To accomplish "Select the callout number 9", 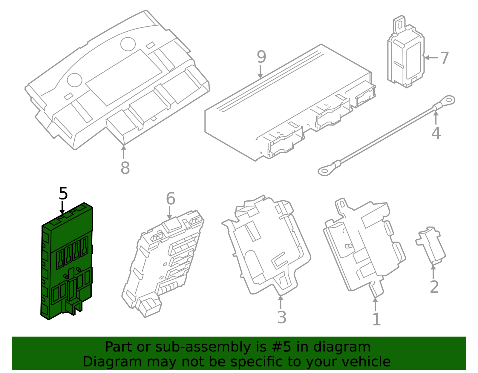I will [261, 57].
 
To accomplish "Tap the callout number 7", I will [444, 58].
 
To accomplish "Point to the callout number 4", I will [436, 133].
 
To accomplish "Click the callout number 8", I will [125, 168].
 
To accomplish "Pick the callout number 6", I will [171, 199].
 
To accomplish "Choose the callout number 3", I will [282, 317].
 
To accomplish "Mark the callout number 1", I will [376, 320].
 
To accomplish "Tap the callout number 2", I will [434, 287].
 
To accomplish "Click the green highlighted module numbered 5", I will [67, 263].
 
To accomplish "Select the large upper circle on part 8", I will [128, 44].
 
